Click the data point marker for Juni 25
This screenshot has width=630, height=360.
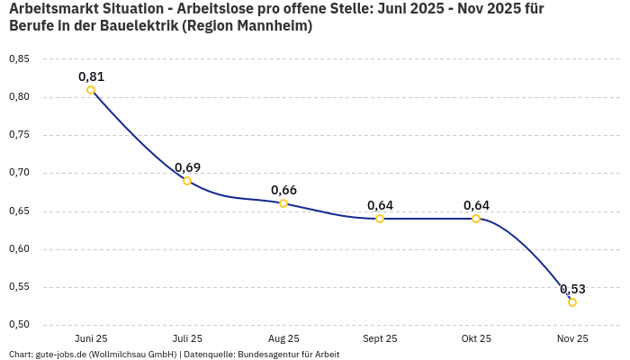point(91,90)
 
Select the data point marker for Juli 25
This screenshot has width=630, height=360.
point(187,181)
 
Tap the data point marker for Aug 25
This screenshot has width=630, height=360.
point(283,203)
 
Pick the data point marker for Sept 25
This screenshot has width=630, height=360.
point(380,219)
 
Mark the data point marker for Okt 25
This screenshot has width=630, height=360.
point(476,219)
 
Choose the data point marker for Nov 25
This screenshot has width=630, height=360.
point(572,302)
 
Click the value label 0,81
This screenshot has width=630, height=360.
point(91,76)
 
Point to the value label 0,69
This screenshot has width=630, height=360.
point(187,167)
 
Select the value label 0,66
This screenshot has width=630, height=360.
point(283,190)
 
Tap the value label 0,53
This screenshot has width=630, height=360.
point(572,289)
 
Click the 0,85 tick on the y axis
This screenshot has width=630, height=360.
point(19,59)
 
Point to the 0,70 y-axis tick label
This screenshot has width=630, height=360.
point(19,173)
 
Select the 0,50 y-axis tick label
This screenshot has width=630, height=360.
point(19,325)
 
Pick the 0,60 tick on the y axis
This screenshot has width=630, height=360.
point(19,249)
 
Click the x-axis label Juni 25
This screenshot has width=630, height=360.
point(91,339)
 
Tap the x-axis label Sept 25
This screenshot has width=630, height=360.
point(380,339)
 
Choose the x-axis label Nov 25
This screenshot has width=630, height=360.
point(572,339)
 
